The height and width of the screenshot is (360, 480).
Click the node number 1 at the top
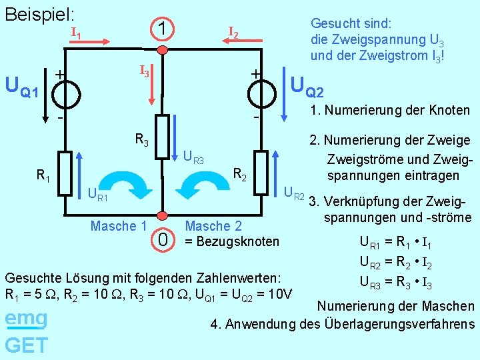pyautogui.click(x=162, y=29)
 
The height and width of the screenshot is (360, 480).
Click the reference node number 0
pyautogui.click(x=162, y=238)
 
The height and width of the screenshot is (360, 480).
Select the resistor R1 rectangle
pyautogui.click(x=65, y=173)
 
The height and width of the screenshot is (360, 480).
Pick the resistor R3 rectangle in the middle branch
pyautogui.click(x=162, y=137)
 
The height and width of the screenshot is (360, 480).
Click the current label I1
pyautogui.click(x=77, y=33)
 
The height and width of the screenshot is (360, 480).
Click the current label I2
pyautogui.click(x=233, y=32)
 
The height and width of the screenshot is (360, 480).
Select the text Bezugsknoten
pyautogui.click(x=237, y=241)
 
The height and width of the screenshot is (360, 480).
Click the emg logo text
pyautogui.click(x=25, y=319)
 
